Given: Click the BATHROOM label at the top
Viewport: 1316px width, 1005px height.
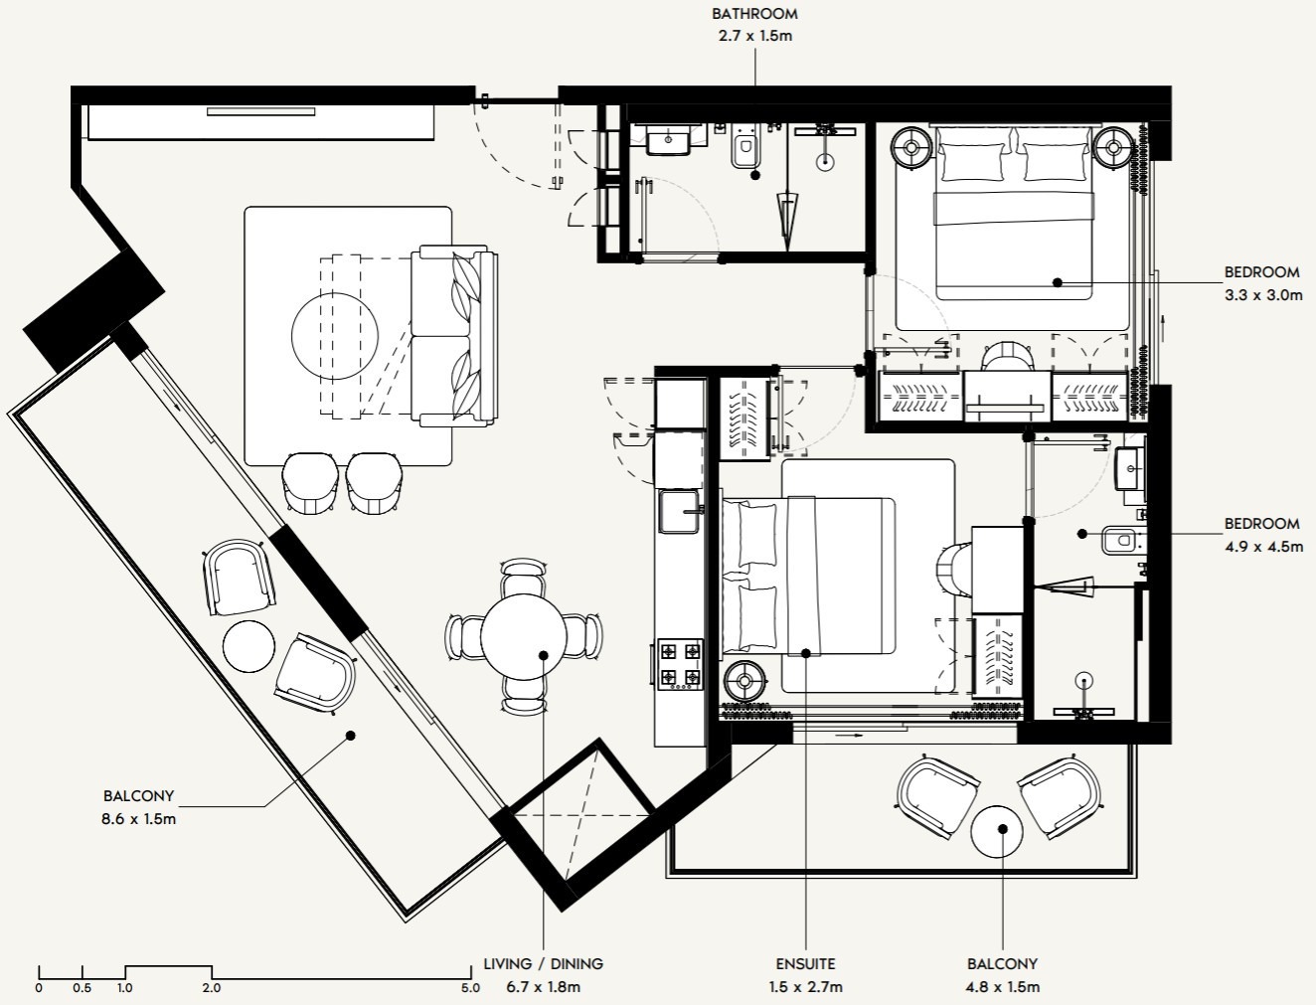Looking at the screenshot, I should [754, 14].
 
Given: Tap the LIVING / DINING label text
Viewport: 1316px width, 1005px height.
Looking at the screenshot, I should [543, 963].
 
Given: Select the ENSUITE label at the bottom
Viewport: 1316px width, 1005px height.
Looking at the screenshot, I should [805, 963].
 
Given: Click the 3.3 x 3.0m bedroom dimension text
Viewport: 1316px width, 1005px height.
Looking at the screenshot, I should [1262, 295].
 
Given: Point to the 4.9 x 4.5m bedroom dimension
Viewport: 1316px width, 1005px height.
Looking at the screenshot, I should [1262, 547].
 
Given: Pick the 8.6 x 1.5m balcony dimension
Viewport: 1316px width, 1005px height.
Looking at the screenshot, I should [138, 819].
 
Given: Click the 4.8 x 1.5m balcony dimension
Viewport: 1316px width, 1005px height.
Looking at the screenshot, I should [1002, 987].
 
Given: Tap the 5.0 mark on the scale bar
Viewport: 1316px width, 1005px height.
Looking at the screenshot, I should [470, 988].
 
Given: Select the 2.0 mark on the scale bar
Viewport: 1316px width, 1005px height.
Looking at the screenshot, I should [212, 988].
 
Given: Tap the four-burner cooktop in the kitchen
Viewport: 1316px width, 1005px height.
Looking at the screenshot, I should [680, 665].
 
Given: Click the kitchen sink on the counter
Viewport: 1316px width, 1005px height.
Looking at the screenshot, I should [680, 510].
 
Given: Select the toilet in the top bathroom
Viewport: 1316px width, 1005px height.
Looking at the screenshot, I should [742, 150].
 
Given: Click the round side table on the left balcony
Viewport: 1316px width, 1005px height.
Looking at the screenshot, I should [248, 646].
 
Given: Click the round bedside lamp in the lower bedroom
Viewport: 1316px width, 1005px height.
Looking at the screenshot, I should [743, 682].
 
